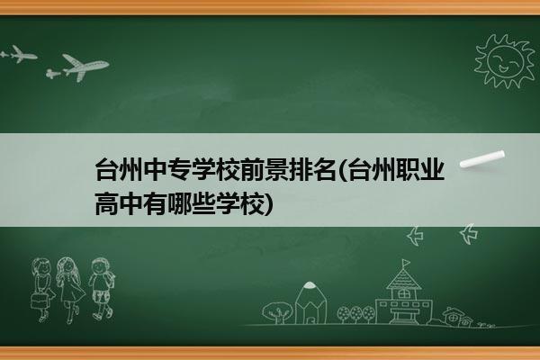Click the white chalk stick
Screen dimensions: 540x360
point(482,159)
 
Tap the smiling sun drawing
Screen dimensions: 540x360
point(505,61)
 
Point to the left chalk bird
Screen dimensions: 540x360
point(415,236)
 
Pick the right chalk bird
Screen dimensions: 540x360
point(469,234)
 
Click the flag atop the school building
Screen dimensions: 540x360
point(407,263)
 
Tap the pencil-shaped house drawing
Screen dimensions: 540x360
point(310,302)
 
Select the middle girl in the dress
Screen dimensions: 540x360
point(70,289)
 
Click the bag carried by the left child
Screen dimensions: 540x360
point(39,301)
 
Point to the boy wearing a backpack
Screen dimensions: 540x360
point(103,289)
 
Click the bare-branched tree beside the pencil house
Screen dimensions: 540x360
point(277,312)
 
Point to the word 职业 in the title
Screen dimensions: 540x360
point(420,169)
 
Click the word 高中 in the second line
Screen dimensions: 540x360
point(119,203)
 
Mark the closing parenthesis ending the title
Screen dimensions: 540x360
point(268,204)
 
